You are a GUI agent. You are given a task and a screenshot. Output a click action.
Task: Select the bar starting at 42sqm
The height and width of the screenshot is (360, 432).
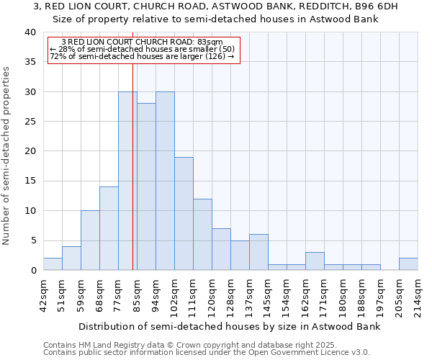(x=53, y=264)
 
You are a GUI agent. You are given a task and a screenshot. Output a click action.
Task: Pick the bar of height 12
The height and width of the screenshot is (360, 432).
(x=202, y=235)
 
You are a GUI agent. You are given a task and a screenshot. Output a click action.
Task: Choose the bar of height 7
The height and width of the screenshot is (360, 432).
(x=221, y=249)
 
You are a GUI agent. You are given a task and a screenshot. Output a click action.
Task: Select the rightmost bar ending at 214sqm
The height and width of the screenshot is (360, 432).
(x=408, y=264)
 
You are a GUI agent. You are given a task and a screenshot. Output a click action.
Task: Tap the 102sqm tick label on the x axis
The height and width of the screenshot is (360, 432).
(x=174, y=294)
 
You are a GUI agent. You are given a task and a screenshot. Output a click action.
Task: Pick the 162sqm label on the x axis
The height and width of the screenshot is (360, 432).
(x=305, y=294)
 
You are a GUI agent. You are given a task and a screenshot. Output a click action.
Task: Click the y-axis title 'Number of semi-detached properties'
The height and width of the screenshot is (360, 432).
(x=6, y=156)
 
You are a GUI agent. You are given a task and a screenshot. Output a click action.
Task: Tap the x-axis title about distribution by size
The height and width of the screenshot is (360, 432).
(x=229, y=326)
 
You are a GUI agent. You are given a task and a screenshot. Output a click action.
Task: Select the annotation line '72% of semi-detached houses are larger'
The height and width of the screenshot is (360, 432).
(x=142, y=56)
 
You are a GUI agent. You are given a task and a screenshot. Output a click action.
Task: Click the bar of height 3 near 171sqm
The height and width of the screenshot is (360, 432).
(x=315, y=261)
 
